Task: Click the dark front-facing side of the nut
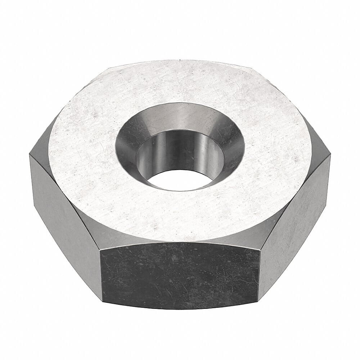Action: point(180,274)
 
